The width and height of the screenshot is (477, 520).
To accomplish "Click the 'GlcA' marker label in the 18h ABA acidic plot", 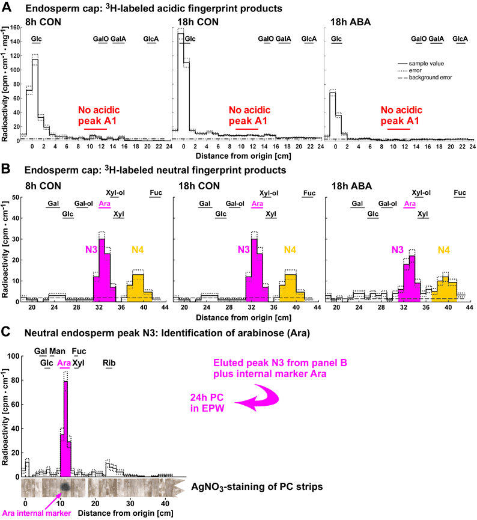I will (460, 39).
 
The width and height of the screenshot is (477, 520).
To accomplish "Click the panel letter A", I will (7, 7).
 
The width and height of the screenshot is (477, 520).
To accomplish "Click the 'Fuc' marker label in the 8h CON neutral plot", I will (156, 193).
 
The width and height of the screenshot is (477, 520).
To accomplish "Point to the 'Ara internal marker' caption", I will (37, 513).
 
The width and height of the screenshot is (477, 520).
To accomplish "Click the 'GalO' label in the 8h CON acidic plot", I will (100, 39).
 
